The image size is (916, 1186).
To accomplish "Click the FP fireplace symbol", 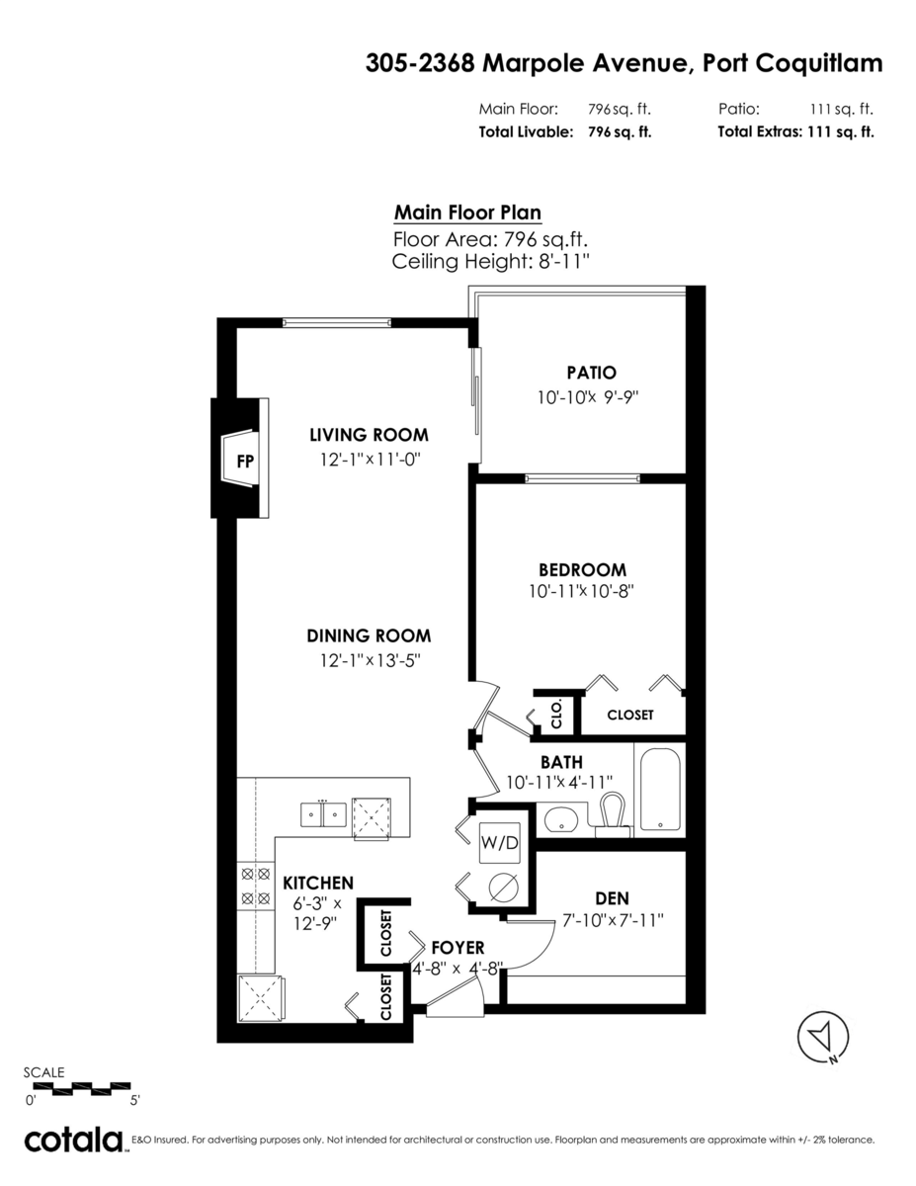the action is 240,458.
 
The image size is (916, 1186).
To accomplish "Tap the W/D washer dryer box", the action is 499,843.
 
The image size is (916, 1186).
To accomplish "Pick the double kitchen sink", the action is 323,814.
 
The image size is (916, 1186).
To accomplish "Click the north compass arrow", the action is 823,1037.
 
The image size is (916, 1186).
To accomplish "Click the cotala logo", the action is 73,1141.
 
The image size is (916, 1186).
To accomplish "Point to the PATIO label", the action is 591,373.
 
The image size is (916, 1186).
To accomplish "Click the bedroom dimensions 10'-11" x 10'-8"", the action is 581,591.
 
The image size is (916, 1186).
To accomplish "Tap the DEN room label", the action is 612,898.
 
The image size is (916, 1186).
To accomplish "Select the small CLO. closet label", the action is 556,715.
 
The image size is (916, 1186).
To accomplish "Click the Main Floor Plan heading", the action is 467,212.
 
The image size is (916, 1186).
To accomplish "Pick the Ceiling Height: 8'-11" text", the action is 491,262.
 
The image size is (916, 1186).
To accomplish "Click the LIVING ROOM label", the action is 369,435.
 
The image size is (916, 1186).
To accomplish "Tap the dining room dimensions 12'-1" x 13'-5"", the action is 371,661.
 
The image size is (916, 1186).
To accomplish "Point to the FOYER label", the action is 458,948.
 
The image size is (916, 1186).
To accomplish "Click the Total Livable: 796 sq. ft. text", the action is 565,132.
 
